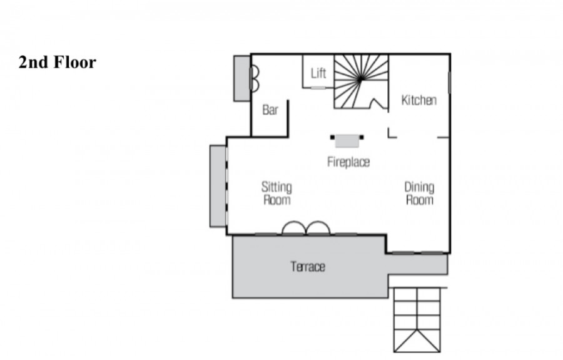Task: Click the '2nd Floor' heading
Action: (58, 62)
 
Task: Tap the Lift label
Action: (318, 73)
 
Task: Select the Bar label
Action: (270, 110)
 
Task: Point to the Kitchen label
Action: (418, 100)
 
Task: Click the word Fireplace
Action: (348, 162)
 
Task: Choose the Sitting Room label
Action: (276, 193)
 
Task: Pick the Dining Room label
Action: (419, 193)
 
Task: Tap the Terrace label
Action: (308, 267)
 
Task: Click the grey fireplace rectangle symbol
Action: (347, 141)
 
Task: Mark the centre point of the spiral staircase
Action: (360, 80)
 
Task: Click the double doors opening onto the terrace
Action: (306, 229)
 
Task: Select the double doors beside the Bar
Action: (255, 78)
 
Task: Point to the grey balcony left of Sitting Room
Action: (218, 186)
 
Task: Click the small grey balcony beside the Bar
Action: (242, 78)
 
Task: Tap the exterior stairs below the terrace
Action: (417, 320)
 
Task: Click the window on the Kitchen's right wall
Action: (449, 83)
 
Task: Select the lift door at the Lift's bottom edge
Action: (318, 88)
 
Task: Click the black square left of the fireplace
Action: (333, 137)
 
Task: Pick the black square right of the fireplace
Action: (362, 137)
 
